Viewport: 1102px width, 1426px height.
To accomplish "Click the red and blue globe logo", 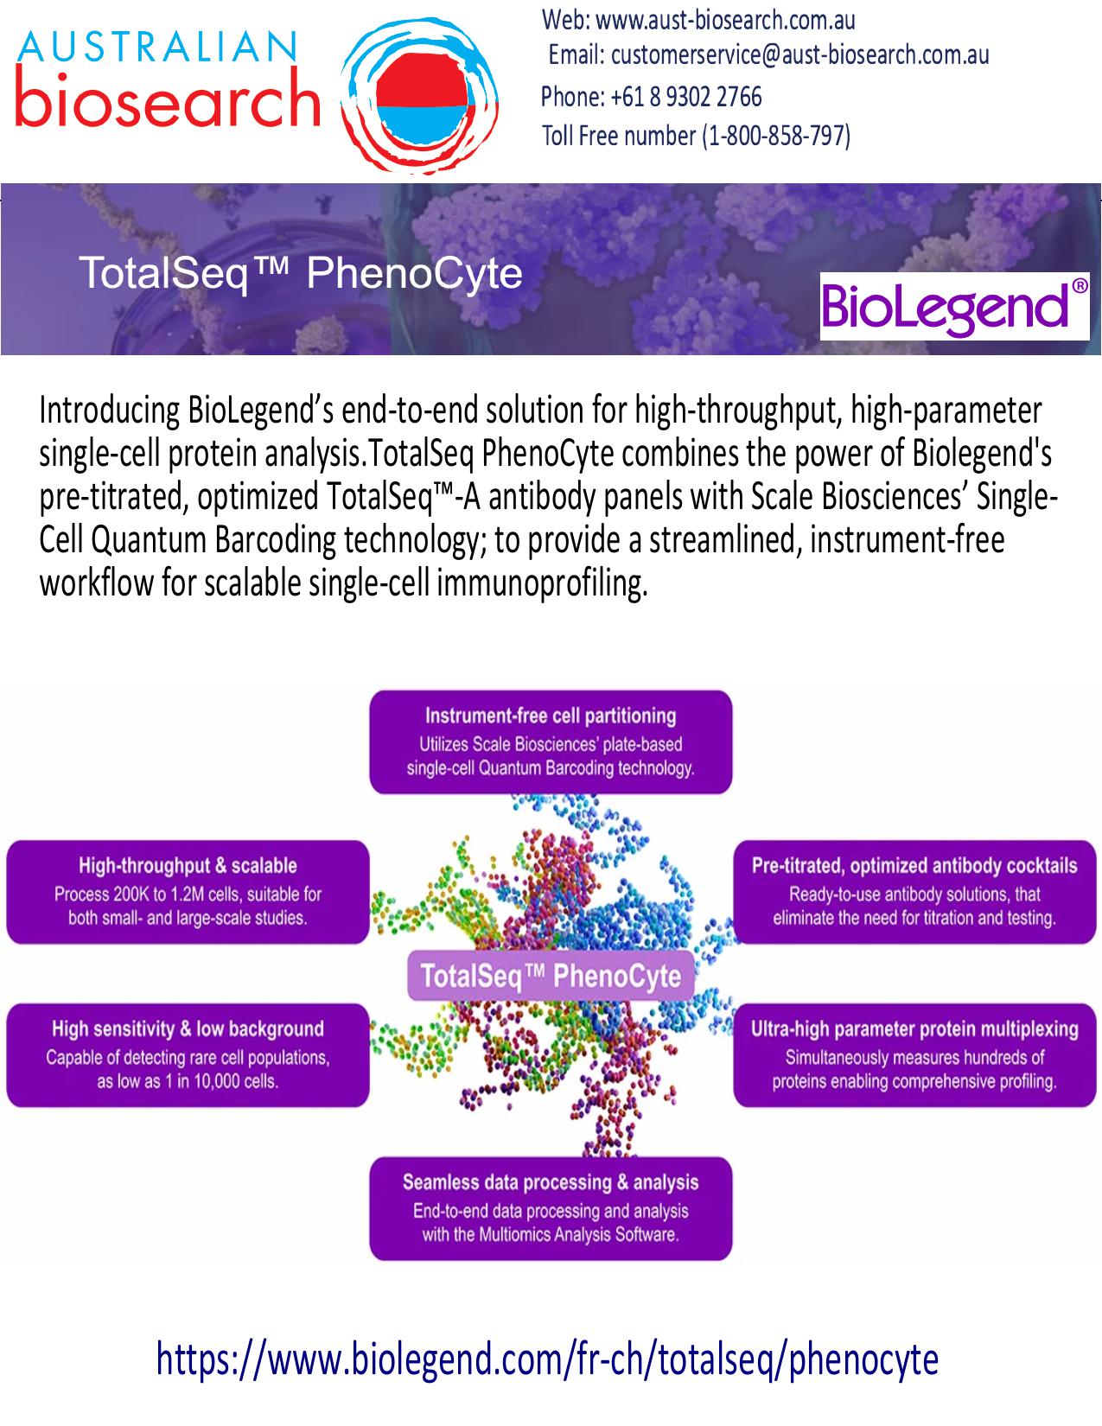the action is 419,96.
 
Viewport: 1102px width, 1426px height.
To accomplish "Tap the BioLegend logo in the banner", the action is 954,307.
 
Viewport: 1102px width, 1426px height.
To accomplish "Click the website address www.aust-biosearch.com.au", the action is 725,21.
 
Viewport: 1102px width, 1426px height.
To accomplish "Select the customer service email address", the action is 800,55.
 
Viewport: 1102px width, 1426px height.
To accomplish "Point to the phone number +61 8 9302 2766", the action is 686,97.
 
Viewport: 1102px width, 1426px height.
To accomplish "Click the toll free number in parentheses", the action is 776,137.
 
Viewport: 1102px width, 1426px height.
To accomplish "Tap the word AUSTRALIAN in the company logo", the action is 157,47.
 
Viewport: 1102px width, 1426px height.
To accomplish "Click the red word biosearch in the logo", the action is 168,97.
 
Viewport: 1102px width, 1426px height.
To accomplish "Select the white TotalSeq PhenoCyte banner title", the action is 301,273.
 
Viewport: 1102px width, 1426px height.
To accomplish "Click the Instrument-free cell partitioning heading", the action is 551,716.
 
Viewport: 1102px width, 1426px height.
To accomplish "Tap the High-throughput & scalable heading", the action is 188,866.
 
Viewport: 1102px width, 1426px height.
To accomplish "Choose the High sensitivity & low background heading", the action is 188,1028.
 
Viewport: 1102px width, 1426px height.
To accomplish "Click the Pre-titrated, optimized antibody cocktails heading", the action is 914,866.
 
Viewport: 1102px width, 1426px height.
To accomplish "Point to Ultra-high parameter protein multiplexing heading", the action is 914,1028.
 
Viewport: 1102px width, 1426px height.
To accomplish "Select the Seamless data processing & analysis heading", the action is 551,1182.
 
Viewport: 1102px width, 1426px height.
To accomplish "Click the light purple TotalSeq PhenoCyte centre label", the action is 551,976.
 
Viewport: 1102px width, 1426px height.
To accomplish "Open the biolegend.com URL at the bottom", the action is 547,1359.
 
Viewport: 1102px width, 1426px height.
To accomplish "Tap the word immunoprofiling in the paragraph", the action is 542,583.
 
